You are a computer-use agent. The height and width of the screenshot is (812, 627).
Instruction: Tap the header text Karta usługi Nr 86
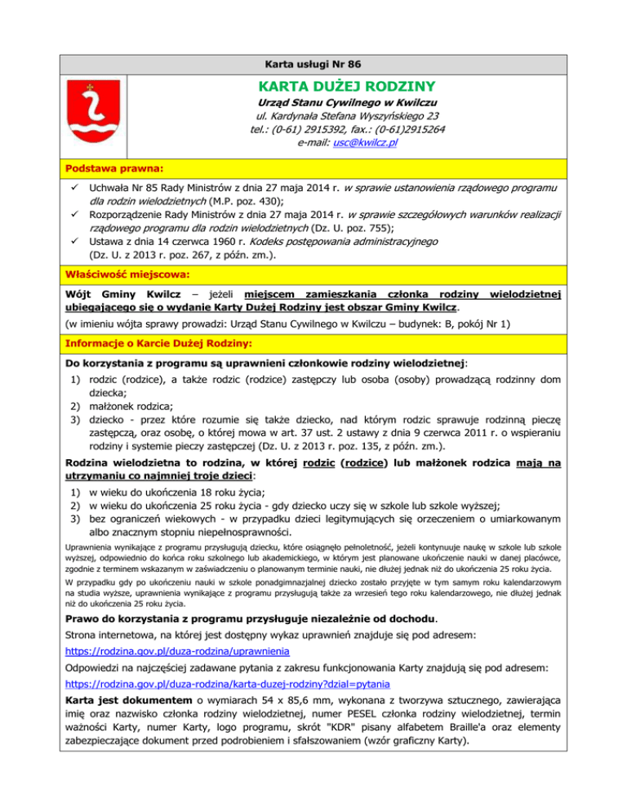pos(313,63)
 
